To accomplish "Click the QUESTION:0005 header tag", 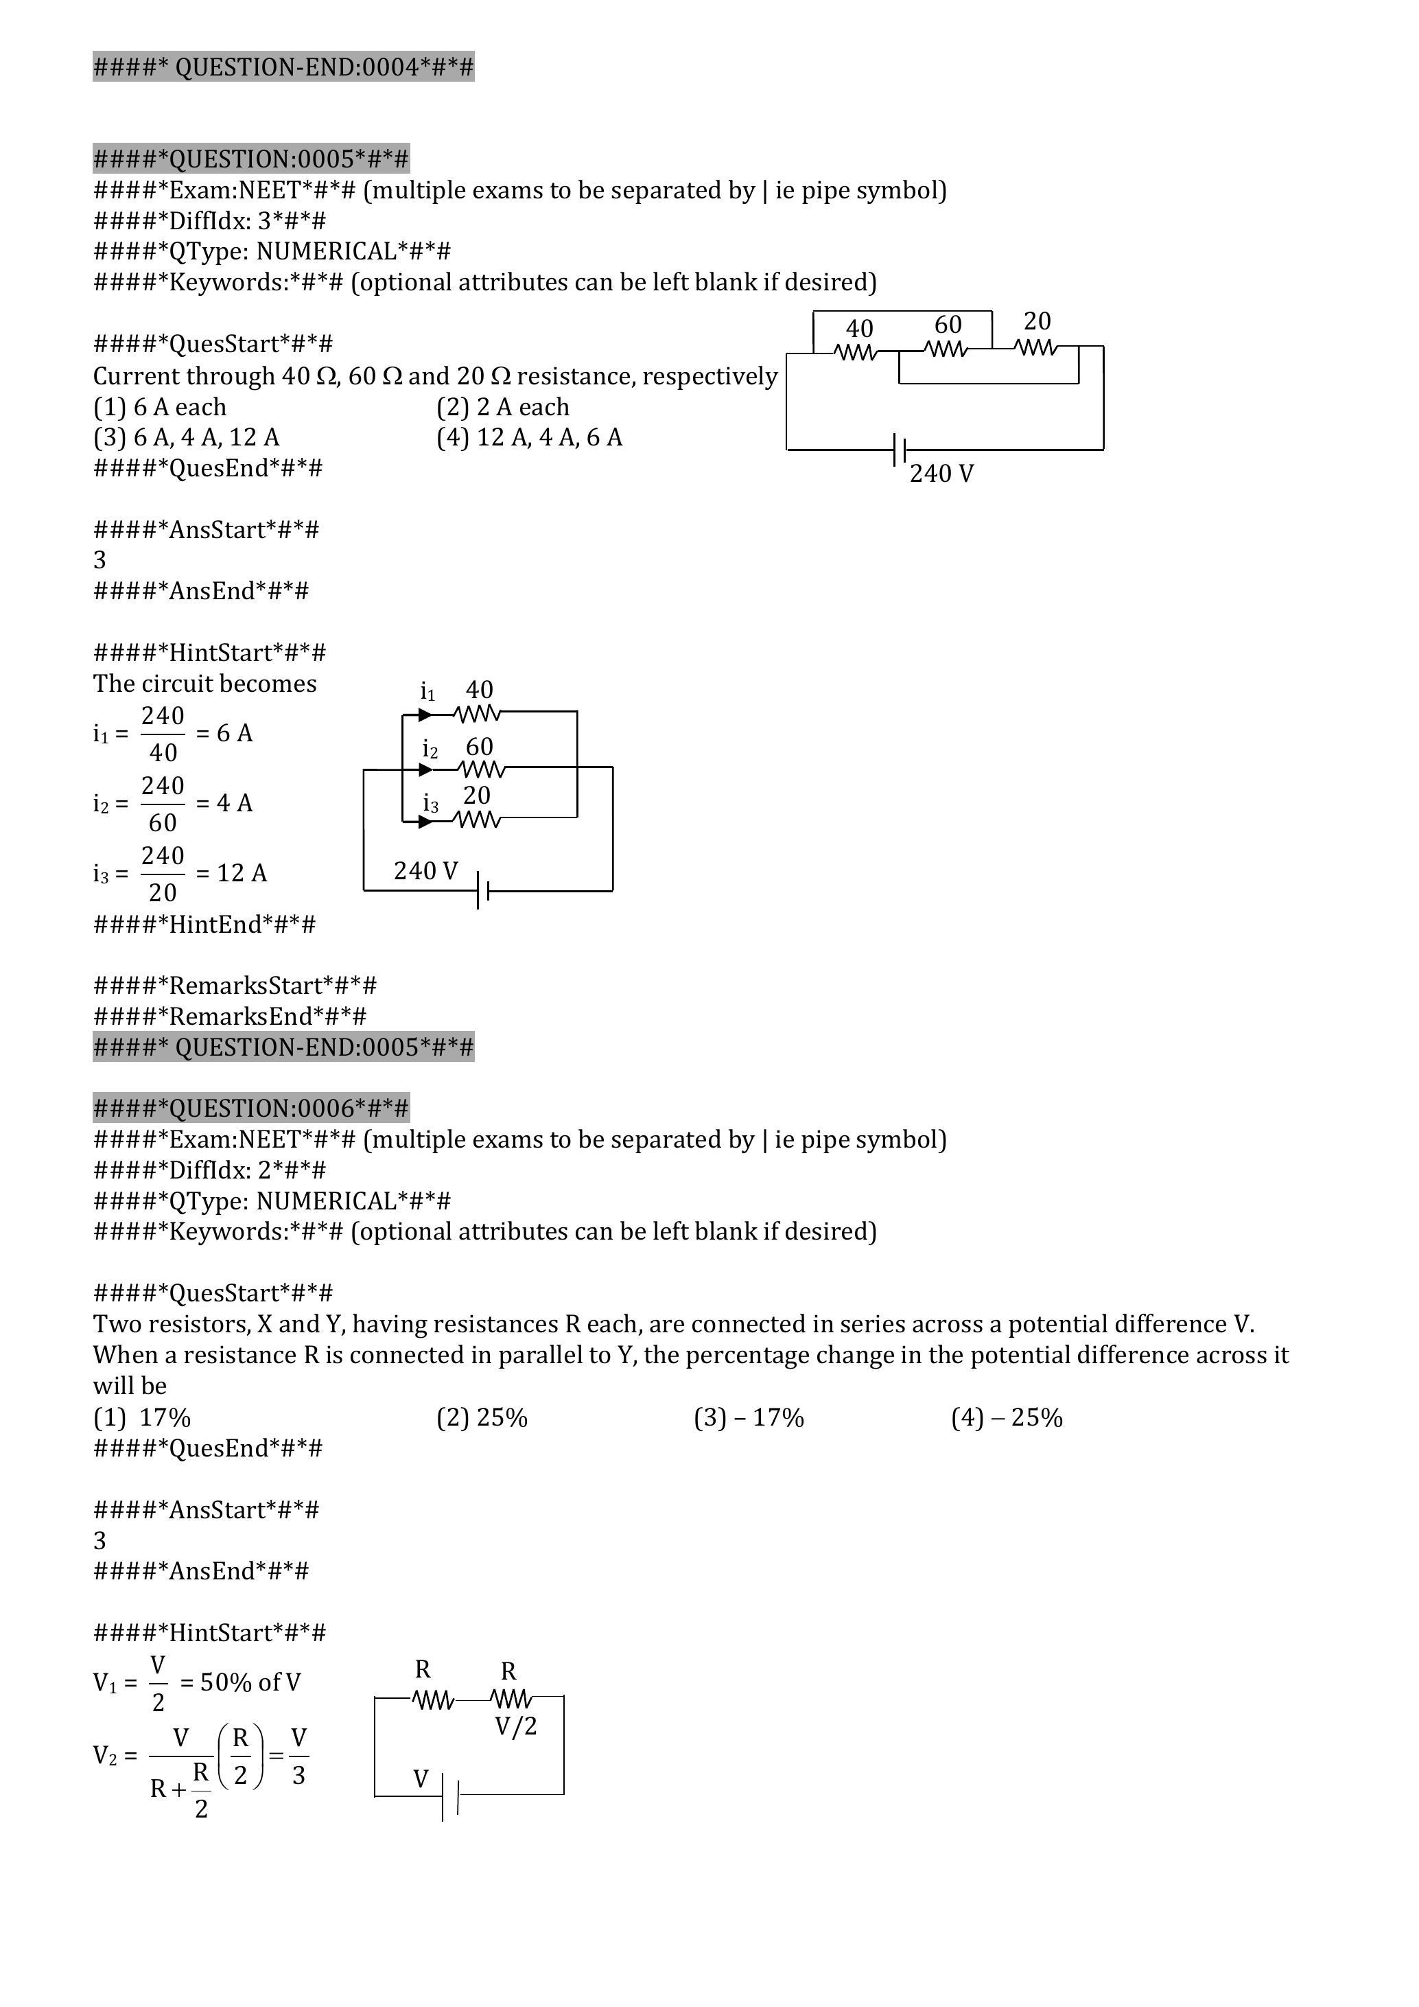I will pos(250,159).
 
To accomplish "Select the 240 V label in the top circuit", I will pos(941,474).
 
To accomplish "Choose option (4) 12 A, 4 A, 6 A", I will pos(530,437).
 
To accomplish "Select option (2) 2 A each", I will pos(503,406).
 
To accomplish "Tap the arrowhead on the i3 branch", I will pos(425,822).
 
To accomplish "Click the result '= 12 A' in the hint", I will pos(231,872).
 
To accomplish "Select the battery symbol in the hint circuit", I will pos(482,892).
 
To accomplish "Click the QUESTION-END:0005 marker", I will pos(283,1047).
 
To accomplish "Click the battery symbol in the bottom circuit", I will pos(450,1795).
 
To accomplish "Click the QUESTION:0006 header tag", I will pos(250,1109).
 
